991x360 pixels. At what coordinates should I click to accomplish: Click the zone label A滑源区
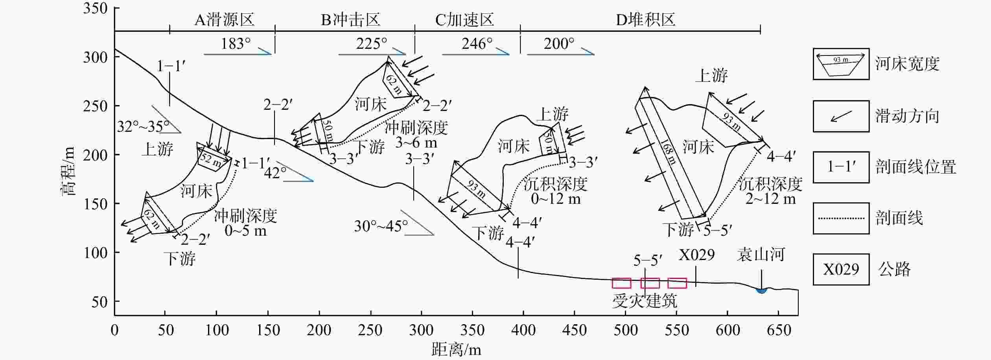(225, 20)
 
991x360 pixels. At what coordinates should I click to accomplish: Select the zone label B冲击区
(351, 20)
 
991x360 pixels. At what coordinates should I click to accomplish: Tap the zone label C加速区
(464, 20)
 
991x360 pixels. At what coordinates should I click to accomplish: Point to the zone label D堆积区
(646, 20)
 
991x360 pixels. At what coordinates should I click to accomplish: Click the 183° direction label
(236, 43)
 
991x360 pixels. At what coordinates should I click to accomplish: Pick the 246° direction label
(477, 43)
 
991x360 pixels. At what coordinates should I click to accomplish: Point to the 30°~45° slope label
(381, 226)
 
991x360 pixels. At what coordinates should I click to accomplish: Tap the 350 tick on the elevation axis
(96, 8)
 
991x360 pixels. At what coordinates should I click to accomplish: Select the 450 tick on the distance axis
(574, 330)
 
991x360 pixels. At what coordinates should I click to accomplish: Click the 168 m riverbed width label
(668, 151)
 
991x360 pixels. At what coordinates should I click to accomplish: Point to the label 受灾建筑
(645, 301)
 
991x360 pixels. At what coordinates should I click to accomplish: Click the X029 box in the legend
(841, 270)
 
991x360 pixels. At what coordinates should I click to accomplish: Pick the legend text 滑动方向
(907, 116)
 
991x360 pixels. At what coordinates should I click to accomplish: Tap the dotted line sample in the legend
(841, 218)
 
